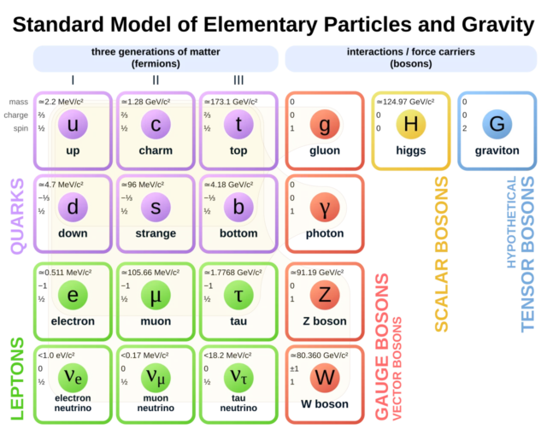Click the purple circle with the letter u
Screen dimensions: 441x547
[73, 126]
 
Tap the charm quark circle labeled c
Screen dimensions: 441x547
[155, 126]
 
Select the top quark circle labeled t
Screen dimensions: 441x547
[238, 126]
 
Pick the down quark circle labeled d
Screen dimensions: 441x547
[73, 209]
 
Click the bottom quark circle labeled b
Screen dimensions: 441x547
[238, 209]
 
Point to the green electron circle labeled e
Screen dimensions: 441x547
[73, 295]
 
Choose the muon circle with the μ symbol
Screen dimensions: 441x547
[155, 295]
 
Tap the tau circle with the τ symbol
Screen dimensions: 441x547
[238, 295]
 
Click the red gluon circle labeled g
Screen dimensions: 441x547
[324, 126]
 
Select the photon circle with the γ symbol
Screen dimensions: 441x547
[324, 209]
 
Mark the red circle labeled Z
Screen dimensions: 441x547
[324, 295]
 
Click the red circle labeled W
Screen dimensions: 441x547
[324, 377]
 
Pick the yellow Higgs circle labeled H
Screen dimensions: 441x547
[410, 126]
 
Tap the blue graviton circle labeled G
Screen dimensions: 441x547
[496, 126]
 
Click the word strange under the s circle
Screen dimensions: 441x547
[156, 234]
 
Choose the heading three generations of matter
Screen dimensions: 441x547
[156, 52]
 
